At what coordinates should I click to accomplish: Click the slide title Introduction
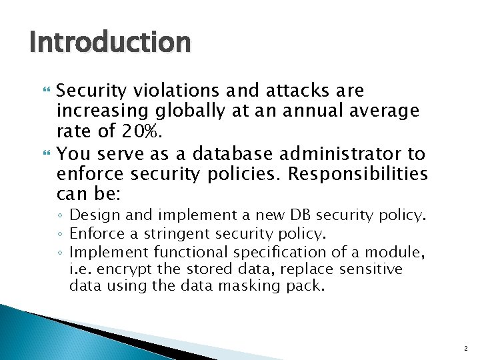pos(110,43)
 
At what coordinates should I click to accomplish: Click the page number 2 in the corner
pos(467,347)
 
